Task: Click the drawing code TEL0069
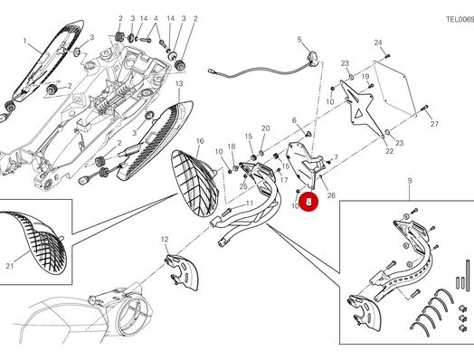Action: pos(459,18)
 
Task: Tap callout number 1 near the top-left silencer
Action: pos(25,41)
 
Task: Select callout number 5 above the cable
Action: pos(299,40)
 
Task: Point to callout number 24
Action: pos(378,43)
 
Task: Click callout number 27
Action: pos(433,124)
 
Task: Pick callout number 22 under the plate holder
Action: pos(390,151)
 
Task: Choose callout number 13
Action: pos(179,84)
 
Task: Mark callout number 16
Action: pos(200,141)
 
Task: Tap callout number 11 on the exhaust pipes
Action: pos(250,204)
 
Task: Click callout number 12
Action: pos(165,239)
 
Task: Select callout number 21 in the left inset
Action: pos(10,265)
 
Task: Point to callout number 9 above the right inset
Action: pos(409,182)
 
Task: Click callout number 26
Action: pos(331,195)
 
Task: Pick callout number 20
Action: pos(265,128)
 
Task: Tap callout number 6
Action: pos(295,120)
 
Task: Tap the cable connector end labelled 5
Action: pos(312,60)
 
